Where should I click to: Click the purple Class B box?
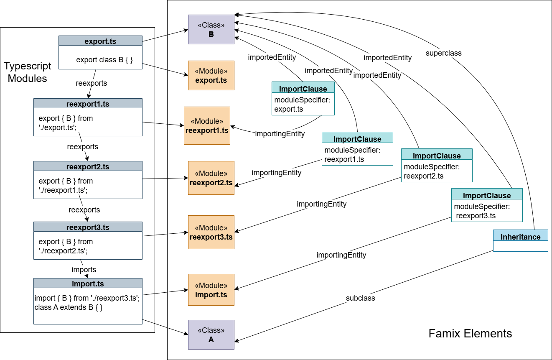coord(211,30)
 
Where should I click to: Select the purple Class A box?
coord(211,334)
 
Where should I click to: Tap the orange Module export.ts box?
coord(211,75)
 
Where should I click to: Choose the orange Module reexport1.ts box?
coord(207,125)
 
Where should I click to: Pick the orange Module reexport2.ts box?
coord(211,178)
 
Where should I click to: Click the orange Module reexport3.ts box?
coord(211,232)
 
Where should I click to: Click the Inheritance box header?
coord(520,237)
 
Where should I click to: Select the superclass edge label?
coord(443,53)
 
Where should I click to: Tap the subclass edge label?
coord(360,298)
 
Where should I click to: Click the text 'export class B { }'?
coord(104,60)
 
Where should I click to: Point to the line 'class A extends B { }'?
coord(68,307)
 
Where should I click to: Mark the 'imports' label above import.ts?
coord(84,270)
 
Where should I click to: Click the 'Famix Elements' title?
coord(470,333)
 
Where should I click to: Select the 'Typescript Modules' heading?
coord(28,72)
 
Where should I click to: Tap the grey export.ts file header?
coord(100,41)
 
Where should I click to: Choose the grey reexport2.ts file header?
coord(88,166)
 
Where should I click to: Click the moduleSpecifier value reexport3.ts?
coord(476,216)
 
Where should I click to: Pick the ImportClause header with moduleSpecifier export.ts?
coord(303,89)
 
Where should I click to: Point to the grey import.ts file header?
coord(88,283)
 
